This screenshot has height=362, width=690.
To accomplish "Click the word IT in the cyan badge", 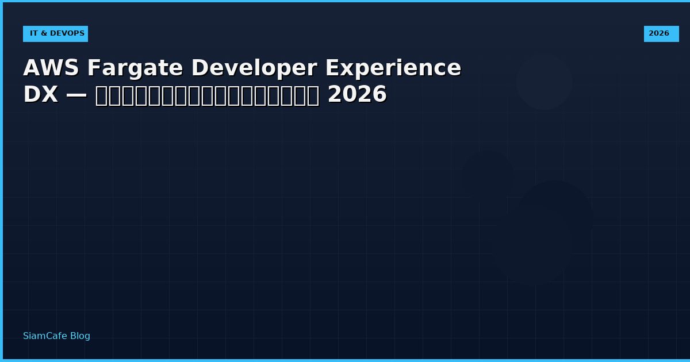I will pos(33,33).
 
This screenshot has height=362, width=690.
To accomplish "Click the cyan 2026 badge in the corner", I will pos(661,33).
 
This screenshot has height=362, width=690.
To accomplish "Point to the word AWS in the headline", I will pos(51,68).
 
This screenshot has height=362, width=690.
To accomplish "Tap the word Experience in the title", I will pos(393,68).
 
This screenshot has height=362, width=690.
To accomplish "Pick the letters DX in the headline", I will pos(40,95).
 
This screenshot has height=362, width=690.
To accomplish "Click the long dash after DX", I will pos(76,95).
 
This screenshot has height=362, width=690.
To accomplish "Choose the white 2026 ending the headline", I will pos(357,95).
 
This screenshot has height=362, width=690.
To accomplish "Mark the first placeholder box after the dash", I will pos(101,95).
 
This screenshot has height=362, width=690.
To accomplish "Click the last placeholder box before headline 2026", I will pos(313,95).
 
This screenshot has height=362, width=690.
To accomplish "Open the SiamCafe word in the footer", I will pos(45,336).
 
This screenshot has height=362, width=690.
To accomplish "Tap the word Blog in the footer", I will pos(80,336).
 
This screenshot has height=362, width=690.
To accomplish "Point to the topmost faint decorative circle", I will pos(544,81).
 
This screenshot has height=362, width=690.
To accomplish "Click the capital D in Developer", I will pos(199,68).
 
